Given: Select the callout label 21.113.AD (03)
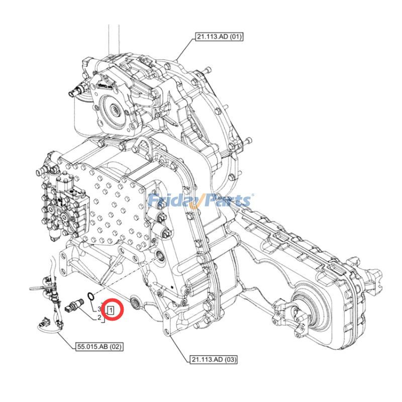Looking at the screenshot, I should coord(214,359).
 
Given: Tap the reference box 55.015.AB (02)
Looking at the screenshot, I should coord(99,346).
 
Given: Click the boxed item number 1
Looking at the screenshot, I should coord(111,310).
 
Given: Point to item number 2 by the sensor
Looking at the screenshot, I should coord(99,317).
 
